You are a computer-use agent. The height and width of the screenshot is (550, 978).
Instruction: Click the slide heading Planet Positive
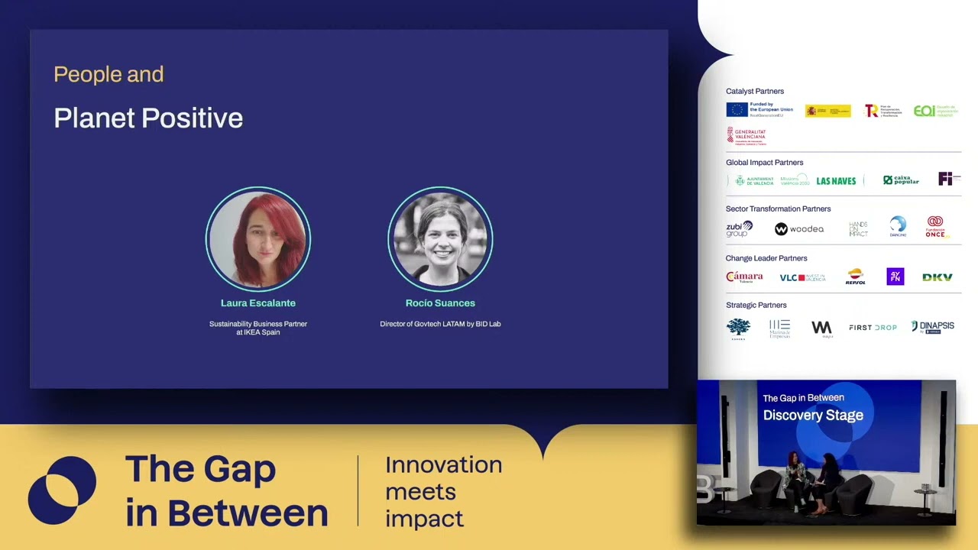point(148,118)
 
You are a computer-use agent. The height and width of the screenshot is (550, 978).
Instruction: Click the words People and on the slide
point(108,74)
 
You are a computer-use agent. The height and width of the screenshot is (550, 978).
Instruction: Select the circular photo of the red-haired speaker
point(258,239)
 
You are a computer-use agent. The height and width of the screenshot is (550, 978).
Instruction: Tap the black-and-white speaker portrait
point(440,239)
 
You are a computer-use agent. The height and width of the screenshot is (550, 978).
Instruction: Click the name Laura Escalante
point(258,303)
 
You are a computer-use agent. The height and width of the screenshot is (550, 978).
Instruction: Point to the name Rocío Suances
point(440,303)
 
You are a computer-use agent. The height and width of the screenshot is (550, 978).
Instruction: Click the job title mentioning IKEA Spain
point(258,328)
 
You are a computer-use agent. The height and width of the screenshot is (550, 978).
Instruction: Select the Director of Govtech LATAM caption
point(440,324)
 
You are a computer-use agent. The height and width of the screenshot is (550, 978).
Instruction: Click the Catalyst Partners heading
point(755,91)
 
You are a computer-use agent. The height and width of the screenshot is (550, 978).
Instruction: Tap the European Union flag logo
point(737,110)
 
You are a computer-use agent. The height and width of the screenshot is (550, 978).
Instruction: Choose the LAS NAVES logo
point(836,181)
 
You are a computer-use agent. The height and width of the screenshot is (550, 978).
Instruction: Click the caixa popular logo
point(901,180)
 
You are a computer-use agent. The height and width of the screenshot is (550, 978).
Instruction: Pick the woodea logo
point(799,229)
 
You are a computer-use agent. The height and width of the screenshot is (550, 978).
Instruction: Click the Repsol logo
point(855,277)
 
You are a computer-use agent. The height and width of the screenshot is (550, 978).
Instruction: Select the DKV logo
point(937,277)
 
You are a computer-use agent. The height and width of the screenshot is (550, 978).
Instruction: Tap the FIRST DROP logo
point(873,328)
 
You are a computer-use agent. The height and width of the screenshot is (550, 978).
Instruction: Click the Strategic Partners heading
point(756,305)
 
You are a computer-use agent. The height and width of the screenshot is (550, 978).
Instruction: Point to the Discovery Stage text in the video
point(813,415)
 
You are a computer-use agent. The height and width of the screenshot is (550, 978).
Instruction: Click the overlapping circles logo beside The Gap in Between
point(62,490)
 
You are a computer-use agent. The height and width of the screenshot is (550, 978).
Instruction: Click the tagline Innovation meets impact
point(443,491)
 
